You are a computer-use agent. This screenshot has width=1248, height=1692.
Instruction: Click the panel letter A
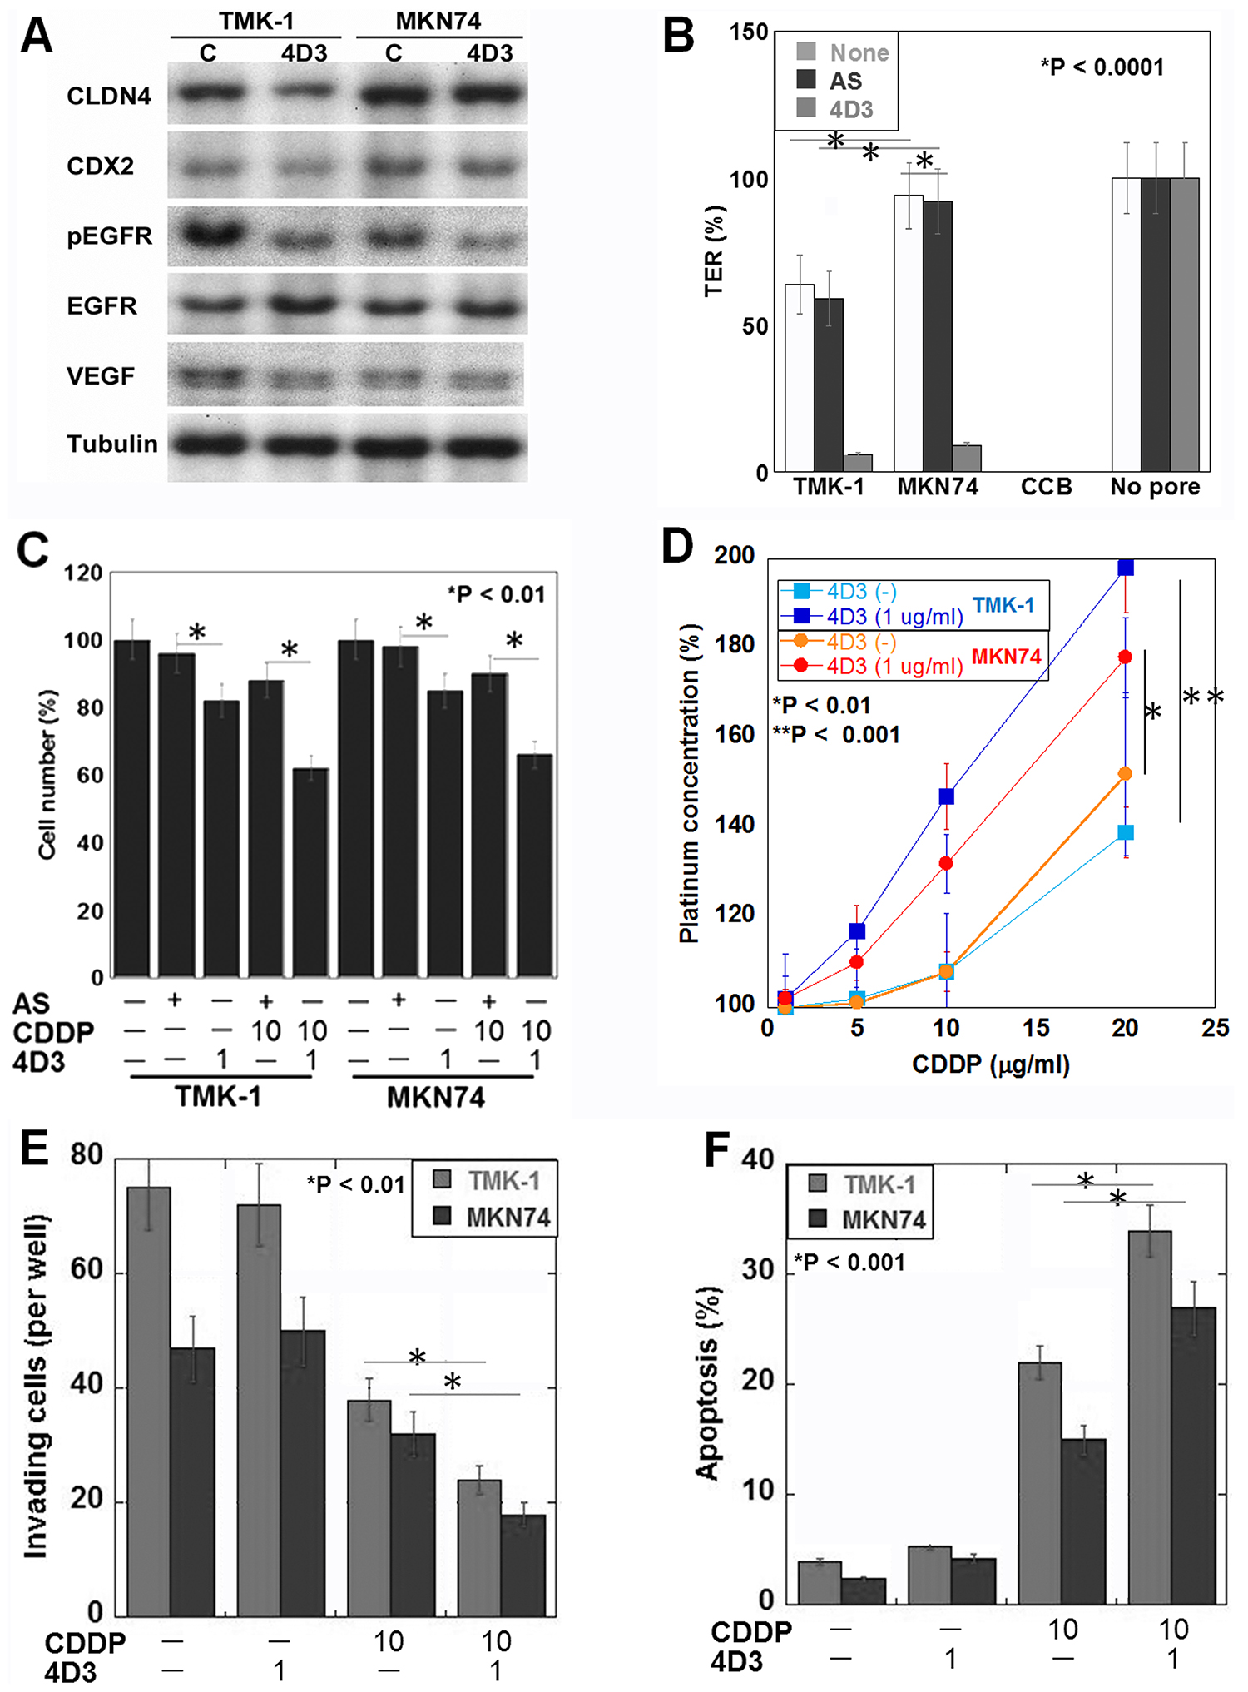37,38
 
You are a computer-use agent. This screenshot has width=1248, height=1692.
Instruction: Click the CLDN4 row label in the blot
109,97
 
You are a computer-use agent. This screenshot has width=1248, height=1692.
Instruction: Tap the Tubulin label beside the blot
112,444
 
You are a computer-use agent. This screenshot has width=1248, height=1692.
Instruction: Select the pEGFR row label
110,236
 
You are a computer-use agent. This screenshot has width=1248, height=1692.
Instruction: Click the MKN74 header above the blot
438,21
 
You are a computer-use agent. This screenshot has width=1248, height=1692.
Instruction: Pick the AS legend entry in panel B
845,81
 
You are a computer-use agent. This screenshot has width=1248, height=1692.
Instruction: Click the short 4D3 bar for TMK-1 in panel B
858,463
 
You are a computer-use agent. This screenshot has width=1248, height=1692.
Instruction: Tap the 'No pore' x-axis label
1155,487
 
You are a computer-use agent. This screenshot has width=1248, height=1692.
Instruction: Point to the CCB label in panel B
1046,487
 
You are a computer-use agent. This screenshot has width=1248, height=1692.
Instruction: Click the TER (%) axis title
714,251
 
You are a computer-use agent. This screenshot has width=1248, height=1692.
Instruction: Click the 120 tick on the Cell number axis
83,573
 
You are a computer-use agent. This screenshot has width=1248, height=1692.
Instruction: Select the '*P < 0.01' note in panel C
497,594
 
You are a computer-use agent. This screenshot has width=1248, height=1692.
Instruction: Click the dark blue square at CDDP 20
1126,568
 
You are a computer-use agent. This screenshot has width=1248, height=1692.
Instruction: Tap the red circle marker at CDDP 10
946,863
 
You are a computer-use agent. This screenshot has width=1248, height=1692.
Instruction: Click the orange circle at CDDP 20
1126,774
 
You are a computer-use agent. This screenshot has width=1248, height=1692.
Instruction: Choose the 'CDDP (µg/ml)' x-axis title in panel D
990,1064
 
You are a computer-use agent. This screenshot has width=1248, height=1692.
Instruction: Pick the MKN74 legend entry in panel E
508,1218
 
